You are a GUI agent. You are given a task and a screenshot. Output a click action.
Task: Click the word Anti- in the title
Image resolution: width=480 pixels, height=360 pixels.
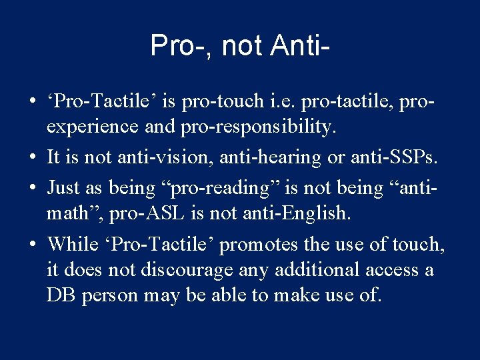pos(301,46)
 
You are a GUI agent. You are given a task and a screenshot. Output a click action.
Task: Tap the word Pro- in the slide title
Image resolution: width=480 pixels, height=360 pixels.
pos(178,46)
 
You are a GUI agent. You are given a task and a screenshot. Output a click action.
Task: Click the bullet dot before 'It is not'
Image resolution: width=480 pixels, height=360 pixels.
pos(32,157)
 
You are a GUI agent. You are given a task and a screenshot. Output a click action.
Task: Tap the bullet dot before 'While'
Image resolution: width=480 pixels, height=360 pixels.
pos(32,245)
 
